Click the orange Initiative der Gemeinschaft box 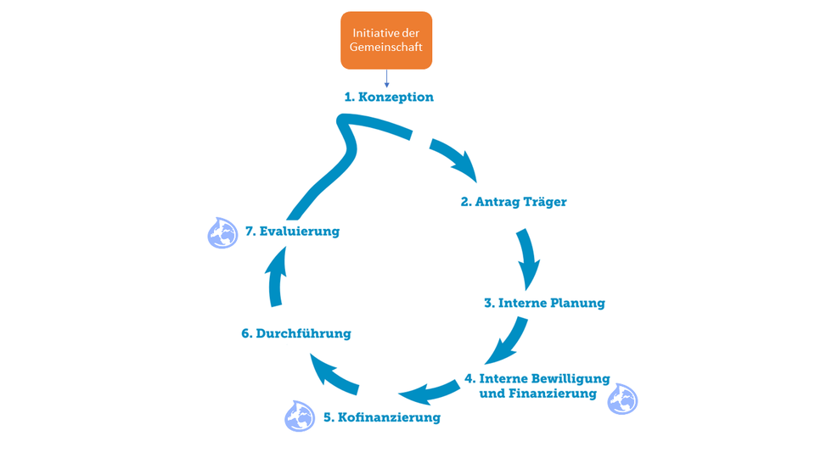coord(386,40)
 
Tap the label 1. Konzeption coord(389,97)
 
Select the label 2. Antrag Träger coord(513,202)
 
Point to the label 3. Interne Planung coord(544,303)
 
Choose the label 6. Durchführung coord(295,333)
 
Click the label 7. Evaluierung coord(292,231)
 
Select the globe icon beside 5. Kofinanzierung coord(299,415)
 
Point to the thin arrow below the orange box coord(386,78)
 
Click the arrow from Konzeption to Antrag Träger coord(455,159)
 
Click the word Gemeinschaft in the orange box coord(386,49)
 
